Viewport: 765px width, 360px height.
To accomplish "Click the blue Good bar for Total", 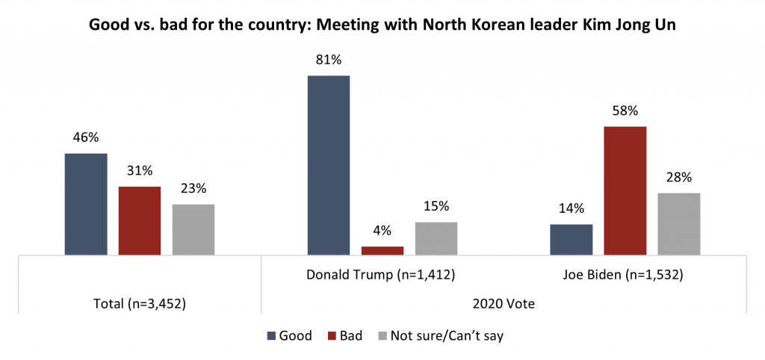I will tap(86, 204).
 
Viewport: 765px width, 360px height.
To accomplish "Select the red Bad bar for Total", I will tap(140, 220).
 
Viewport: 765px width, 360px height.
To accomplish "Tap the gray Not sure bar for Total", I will tap(193, 229).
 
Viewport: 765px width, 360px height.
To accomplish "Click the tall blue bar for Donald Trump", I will tap(329, 165).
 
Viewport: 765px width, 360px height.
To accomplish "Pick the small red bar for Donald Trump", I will tap(382, 251).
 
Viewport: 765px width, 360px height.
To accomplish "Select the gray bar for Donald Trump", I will tap(436, 238).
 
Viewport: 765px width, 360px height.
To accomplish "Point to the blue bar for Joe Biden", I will tap(572, 240).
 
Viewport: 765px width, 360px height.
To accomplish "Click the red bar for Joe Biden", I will tap(625, 190).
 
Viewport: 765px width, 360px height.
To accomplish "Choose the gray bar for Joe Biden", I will tap(679, 224).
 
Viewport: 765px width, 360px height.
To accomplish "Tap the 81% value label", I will tap(329, 60).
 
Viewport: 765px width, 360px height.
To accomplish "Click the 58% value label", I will tap(625, 111).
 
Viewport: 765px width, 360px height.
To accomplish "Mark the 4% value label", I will tap(382, 231).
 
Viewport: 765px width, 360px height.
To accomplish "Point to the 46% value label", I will tap(86, 137).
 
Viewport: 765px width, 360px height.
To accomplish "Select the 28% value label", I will tap(679, 178).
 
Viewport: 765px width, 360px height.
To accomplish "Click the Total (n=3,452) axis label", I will tap(140, 304).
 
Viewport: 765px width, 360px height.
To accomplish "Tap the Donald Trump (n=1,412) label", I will tap(382, 275).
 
